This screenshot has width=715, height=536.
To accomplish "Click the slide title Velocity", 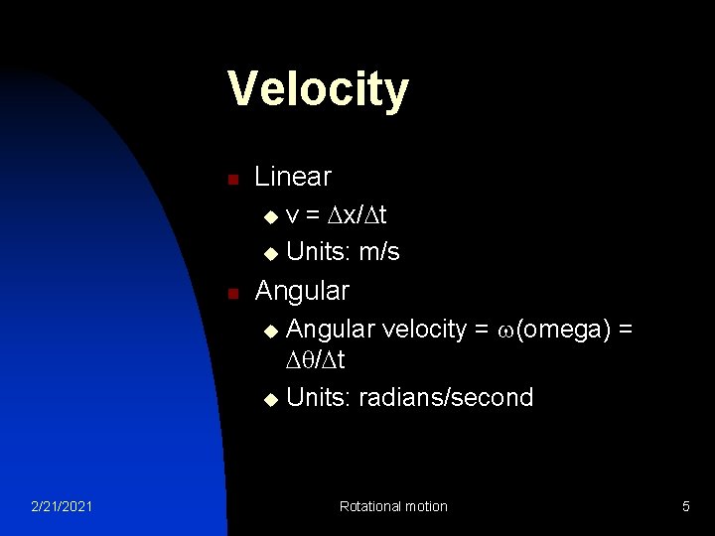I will tap(317, 89).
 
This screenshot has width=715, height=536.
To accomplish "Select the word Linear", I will tap(293, 177).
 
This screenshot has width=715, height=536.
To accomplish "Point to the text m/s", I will tap(379, 252).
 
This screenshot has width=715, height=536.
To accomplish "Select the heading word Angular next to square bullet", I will tap(302, 291).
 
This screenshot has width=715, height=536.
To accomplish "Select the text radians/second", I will tap(446, 398).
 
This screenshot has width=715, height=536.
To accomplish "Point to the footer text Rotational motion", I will tap(393, 507).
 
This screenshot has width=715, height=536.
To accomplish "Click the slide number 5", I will tap(685, 507).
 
